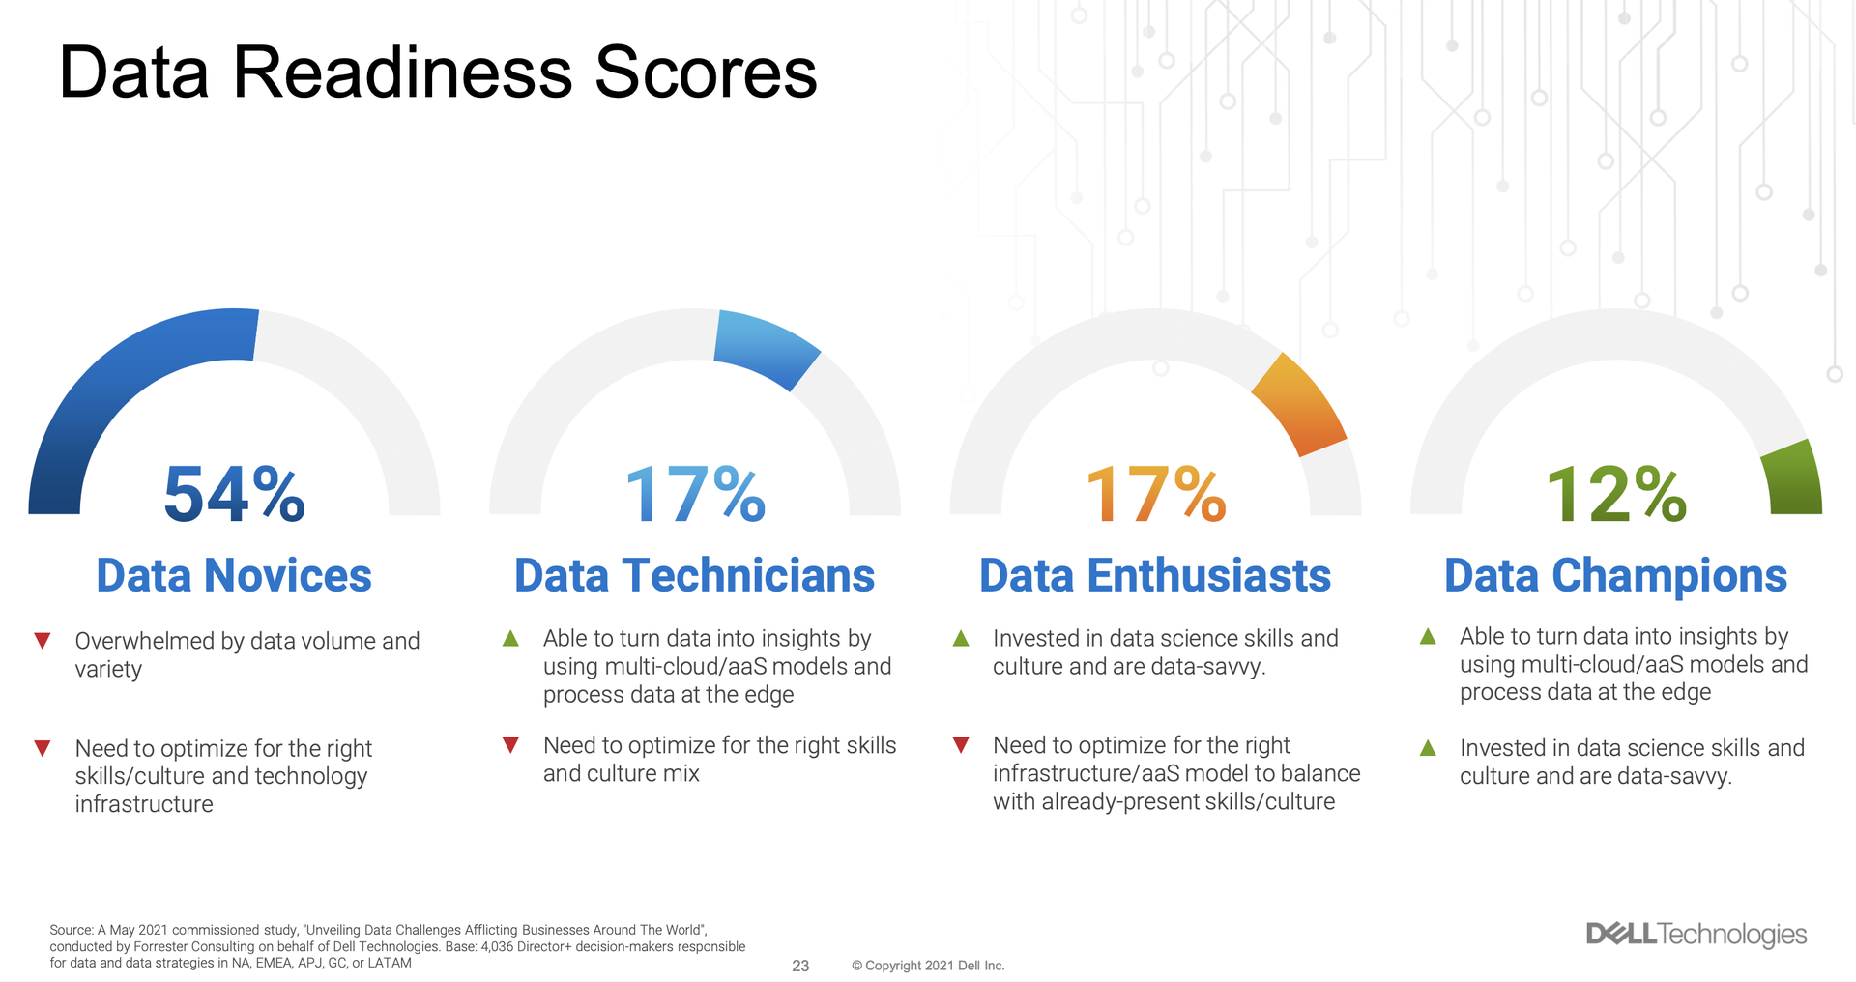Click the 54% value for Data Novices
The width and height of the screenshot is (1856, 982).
coord(235,494)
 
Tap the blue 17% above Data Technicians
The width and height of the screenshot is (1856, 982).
coord(695,494)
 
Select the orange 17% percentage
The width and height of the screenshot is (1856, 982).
coord(1155,494)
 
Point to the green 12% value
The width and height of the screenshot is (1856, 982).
coord(1616,494)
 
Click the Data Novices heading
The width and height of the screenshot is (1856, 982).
coord(234,575)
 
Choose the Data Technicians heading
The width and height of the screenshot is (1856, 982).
coord(694,575)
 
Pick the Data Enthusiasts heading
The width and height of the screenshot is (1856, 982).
coord(1155,575)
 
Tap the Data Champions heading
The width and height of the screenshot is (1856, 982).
coord(1615,577)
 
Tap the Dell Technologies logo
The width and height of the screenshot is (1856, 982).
coord(1696,934)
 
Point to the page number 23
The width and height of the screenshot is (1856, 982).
coord(800,966)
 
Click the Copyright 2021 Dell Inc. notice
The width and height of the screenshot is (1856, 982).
coord(928,966)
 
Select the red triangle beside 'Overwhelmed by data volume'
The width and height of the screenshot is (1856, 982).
coord(43,641)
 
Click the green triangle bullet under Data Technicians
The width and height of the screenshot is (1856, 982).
coord(510,638)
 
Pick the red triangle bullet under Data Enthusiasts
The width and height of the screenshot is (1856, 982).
coord(961,745)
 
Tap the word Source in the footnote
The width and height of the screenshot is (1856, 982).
coord(72,930)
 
